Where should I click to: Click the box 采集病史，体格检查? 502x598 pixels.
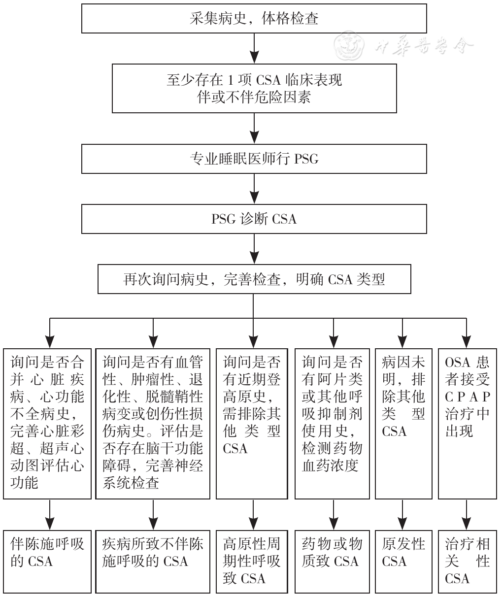click(254, 19)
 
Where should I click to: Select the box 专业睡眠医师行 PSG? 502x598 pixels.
click(254, 159)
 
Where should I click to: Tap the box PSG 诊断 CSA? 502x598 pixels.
click(254, 219)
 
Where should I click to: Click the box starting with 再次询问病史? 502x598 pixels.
click(254, 280)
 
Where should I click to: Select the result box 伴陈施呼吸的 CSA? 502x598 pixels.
click(48, 561)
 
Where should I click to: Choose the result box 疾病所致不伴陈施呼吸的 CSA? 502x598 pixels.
click(153, 561)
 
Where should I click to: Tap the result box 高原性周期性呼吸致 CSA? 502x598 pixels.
click(252, 561)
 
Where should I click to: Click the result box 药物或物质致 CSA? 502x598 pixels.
click(332, 561)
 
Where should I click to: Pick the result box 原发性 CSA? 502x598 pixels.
click(403, 561)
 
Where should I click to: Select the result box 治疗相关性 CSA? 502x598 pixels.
click(467, 561)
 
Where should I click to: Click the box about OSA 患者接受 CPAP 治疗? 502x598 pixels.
click(467, 423)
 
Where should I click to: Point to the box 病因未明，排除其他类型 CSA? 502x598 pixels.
click(403, 423)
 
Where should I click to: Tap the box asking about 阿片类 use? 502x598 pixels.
click(332, 423)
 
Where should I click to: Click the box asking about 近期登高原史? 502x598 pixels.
click(252, 423)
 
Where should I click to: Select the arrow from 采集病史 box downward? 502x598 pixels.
click(254, 48)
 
